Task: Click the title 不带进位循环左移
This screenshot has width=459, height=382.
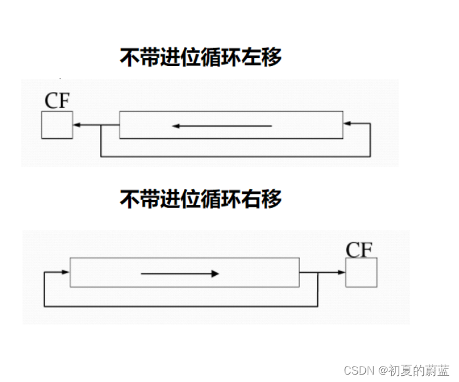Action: [201, 57]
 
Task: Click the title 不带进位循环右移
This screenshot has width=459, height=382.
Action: [201, 199]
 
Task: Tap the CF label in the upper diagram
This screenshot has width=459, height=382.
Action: [57, 101]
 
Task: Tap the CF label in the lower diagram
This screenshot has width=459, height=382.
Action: [360, 249]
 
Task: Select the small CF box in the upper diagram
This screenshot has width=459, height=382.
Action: [57, 125]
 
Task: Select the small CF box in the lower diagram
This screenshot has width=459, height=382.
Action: [361, 273]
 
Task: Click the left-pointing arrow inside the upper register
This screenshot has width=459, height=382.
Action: [221, 126]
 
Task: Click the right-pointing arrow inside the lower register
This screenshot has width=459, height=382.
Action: [180, 273]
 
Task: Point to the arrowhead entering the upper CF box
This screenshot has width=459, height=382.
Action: [76, 125]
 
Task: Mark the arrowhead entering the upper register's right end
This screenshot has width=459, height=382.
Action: [347, 124]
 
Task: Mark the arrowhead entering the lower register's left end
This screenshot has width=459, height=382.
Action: [65, 272]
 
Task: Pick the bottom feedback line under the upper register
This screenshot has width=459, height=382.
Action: [234, 157]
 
